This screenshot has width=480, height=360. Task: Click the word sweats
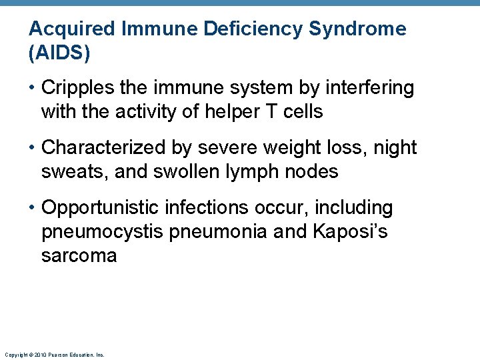click(71, 172)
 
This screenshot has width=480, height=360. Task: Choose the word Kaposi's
click(349, 232)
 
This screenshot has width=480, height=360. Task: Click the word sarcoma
click(79, 256)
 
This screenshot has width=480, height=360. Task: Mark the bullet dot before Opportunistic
click(32, 208)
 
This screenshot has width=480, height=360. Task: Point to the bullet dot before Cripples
click(32, 88)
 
